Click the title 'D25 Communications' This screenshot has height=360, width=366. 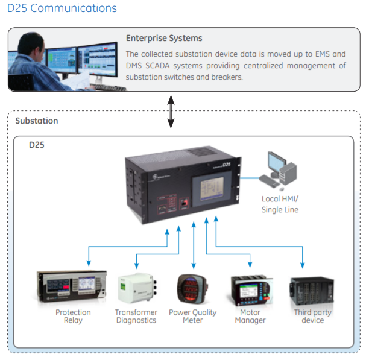click(x=62, y=8)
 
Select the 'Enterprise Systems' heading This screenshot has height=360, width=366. click(x=164, y=39)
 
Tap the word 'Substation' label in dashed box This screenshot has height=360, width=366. click(x=37, y=121)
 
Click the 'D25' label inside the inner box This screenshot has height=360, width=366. click(x=37, y=145)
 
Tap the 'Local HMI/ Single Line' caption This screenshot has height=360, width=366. click(x=280, y=204)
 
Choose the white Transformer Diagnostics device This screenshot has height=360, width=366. click(x=136, y=289)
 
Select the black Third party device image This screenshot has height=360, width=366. click(x=312, y=291)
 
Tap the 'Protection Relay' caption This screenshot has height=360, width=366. click(x=73, y=316)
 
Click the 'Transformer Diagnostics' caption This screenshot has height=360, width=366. click(x=136, y=316)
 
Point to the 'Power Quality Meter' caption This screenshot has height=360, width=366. click(x=192, y=316)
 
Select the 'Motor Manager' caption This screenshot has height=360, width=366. click(x=250, y=316)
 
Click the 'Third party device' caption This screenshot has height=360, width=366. click(x=312, y=316)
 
